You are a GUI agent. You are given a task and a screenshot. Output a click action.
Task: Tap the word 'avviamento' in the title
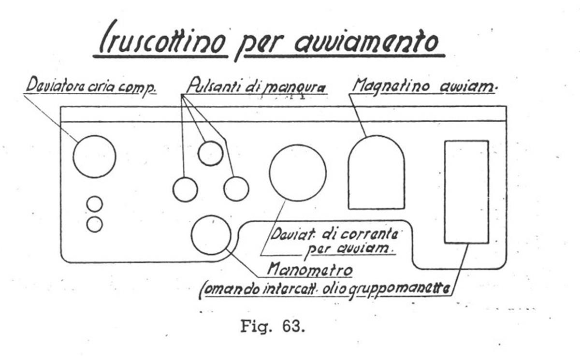pos(366,42)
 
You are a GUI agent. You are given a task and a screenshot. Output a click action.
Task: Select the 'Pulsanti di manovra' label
pos(256,86)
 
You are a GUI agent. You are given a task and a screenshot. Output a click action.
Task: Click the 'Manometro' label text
pos(310,270)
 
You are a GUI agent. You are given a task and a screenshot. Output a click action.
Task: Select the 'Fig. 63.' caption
pos(273,327)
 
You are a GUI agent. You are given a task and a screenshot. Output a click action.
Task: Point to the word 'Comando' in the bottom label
pos(230,290)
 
